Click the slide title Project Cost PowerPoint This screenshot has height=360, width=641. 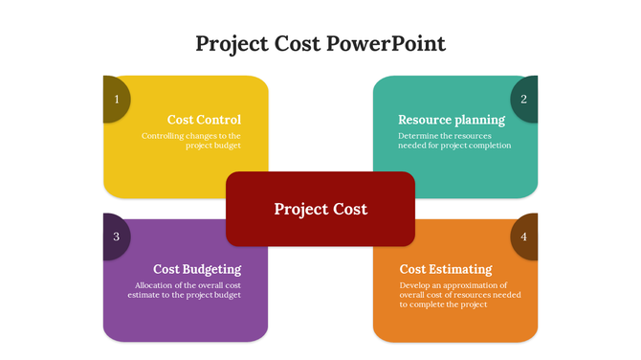coord(320,44)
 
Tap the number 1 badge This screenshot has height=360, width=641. coord(115,99)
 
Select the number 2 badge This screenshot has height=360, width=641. coord(524,99)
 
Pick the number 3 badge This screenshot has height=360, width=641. coord(115,236)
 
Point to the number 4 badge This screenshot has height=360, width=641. coord(524,236)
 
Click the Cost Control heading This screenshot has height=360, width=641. coord(204,120)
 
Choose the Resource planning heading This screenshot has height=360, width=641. coord(452,120)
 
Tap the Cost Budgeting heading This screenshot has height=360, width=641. coord(197,269)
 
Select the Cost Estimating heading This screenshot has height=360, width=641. coord(446,269)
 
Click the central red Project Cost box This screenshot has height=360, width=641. coord(320,209)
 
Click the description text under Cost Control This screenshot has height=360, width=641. coord(191,141)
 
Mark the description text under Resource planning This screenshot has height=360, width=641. coord(454,141)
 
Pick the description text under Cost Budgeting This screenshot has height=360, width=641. coord(185,290)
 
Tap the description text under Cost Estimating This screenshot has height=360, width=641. coord(460,295)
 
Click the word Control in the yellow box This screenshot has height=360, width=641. coord(219,120)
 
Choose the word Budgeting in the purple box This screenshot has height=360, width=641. coord(212,269)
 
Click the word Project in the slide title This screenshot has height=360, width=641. coord(229,44)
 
